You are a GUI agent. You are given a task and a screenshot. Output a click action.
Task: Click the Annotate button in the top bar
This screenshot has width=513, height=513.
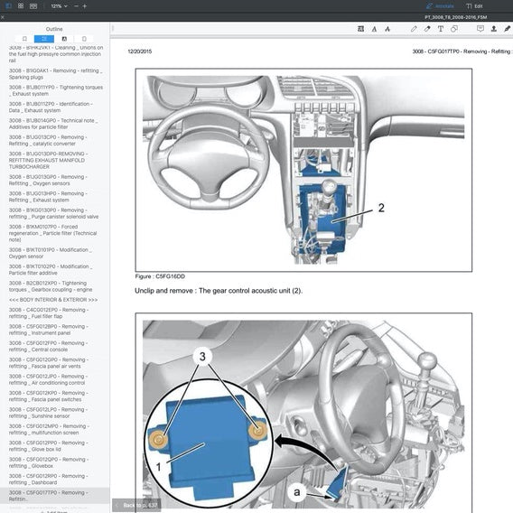[x=442, y=5]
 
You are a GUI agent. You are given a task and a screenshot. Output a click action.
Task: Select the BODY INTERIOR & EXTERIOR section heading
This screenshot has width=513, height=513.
[x=53, y=299]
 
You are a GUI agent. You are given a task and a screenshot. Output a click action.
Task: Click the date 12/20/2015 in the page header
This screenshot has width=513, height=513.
[x=140, y=52]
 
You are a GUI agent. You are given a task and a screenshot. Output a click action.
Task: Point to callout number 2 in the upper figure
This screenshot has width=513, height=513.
[x=380, y=208]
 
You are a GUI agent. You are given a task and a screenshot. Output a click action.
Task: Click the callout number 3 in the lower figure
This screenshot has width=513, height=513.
[x=203, y=356]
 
